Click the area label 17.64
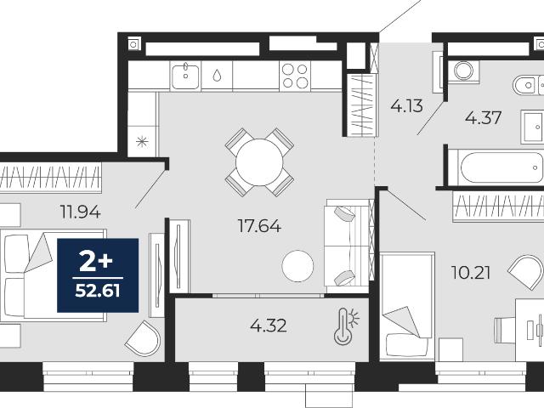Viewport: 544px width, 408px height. point(259,226)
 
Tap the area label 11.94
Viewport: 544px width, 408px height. point(81,212)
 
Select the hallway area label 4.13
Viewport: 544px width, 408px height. point(406,105)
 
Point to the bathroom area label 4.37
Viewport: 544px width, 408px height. point(484,118)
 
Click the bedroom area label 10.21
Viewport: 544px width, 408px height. point(471,273)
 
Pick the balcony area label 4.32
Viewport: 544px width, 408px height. point(269,326)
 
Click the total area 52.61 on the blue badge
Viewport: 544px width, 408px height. point(98,291)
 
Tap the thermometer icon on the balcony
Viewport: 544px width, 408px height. point(346,326)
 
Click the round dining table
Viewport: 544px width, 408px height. point(259,162)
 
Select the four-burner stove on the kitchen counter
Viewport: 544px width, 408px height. point(295,76)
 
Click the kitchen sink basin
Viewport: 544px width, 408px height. point(185,76)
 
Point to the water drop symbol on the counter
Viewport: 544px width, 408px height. point(217,76)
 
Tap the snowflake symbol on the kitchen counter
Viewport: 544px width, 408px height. point(142,142)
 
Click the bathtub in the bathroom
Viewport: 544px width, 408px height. point(500,168)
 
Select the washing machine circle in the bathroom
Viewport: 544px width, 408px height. point(463,71)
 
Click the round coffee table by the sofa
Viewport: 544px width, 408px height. point(297,266)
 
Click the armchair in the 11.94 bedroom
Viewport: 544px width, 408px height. point(143,338)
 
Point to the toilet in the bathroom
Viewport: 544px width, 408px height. point(528,85)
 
